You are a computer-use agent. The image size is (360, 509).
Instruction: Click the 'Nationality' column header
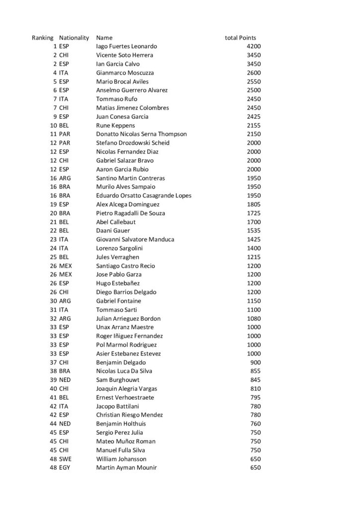click(74, 38)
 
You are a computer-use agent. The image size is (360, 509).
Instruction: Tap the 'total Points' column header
click(241, 38)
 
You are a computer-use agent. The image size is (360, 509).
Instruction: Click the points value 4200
click(254, 46)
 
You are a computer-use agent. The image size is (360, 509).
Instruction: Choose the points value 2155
click(254, 125)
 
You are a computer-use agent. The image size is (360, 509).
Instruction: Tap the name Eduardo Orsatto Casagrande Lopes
click(144, 195)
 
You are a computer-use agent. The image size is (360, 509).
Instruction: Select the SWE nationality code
click(65, 459)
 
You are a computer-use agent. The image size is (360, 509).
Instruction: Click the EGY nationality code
click(65, 468)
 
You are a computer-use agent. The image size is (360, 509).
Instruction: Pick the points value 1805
click(254, 204)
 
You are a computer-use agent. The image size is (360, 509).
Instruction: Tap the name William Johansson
click(121, 459)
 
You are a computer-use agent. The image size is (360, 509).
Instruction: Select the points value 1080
click(254, 318)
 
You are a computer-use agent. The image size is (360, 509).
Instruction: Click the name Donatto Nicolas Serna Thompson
click(141, 134)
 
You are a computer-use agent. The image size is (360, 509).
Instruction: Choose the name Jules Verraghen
click(117, 257)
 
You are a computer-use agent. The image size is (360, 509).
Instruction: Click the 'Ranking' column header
click(43, 38)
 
